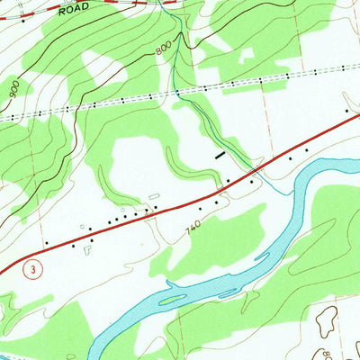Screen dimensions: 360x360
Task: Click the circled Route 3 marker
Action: [x=32, y=269]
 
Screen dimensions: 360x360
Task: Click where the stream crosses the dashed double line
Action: [x=177, y=93]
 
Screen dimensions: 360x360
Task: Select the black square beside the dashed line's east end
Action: [x=349, y=111]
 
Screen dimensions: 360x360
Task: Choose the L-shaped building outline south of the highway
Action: [x=90, y=241]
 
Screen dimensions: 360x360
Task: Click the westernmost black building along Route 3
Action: [x=46, y=243]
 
